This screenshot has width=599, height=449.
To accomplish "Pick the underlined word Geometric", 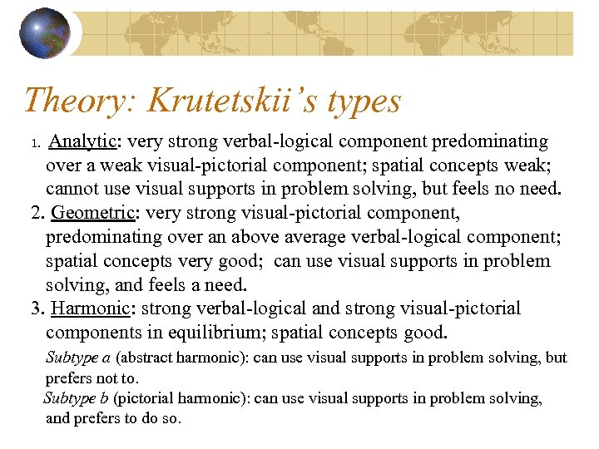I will [x=92, y=213].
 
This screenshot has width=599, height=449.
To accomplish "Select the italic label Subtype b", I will [x=77, y=398].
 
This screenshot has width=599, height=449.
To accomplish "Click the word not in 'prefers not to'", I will [x=111, y=378].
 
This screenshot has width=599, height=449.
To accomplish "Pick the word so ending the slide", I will [x=171, y=419].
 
